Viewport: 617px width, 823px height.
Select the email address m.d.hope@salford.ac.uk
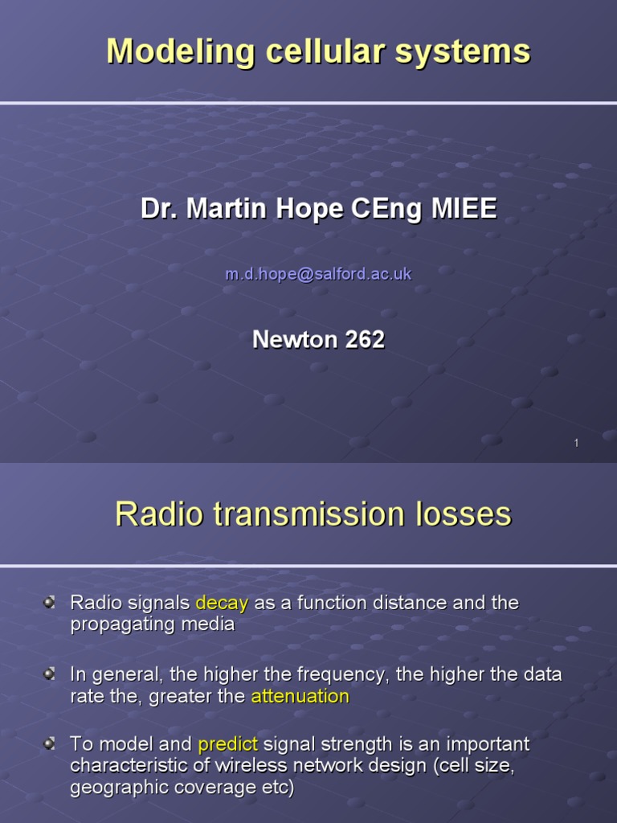[318, 274]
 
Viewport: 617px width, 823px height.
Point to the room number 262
[365, 339]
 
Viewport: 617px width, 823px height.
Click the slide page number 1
[576, 443]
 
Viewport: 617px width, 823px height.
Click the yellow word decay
[223, 603]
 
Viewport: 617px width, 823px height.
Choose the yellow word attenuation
[300, 696]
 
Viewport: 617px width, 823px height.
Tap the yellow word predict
[227, 744]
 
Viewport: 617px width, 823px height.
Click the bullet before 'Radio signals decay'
[50, 602]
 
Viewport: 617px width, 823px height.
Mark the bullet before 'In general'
[50, 674]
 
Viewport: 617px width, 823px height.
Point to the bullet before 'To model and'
[50, 743]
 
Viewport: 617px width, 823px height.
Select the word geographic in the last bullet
[112, 788]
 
